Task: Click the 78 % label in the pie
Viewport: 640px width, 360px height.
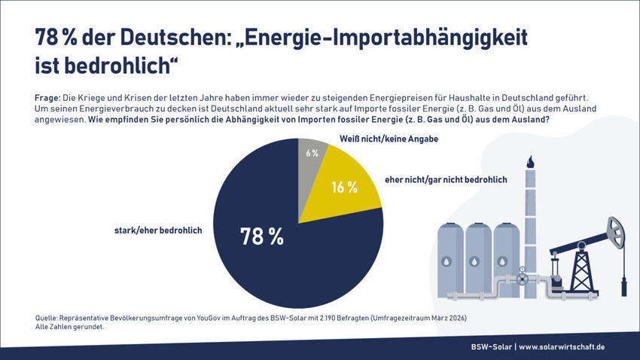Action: (x=261, y=236)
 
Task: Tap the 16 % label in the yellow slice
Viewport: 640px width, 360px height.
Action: (x=343, y=187)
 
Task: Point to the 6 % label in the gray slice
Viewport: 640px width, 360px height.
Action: (x=312, y=153)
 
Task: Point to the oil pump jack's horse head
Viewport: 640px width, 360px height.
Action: (x=617, y=226)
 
